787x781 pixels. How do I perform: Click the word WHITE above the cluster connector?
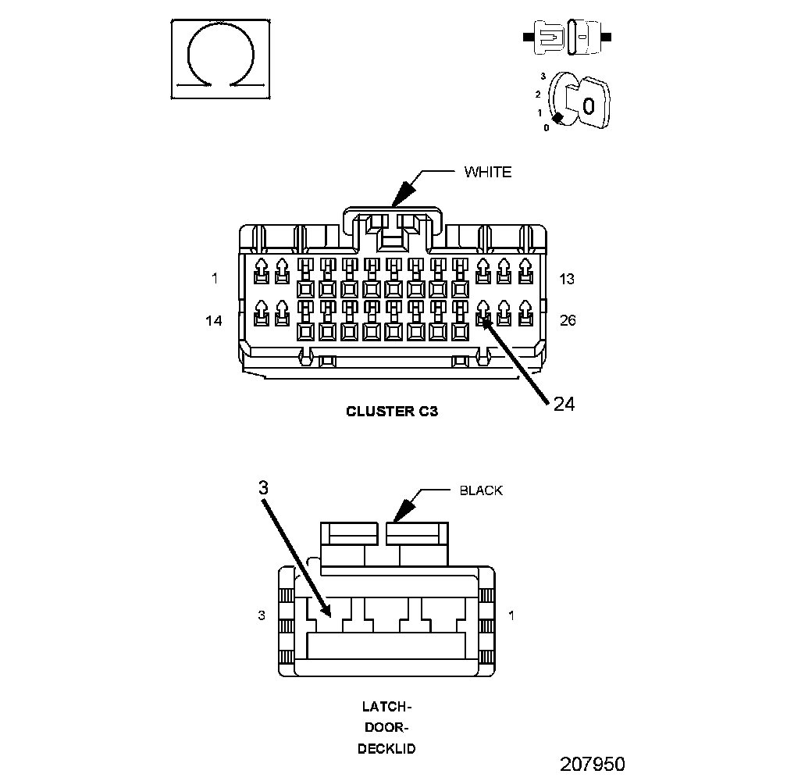(x=487, y=172)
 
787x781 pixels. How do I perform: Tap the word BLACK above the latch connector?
(x=481, y=490)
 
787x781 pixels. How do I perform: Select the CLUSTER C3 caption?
(x=392, y=412)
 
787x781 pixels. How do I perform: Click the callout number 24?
(x=564, y=403)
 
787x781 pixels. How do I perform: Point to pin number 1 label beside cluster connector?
(x=214, y=278)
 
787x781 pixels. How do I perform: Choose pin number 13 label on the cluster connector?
(x=567, y=279)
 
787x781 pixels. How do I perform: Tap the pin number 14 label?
(x=213, y=320)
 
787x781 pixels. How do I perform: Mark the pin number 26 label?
(x=568, y=320)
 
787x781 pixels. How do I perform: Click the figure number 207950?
(x=592, y=763)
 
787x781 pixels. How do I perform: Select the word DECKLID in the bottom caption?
(x=386, y=748)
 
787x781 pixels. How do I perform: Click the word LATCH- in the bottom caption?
(x=386, y=707)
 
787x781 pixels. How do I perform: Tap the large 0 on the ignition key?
(x=589, y=105)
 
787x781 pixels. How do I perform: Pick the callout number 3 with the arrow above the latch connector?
(x=263, y=487)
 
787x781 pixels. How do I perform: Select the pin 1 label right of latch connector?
(x=511, y=615)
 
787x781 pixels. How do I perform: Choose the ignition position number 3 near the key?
(x=543, y=76)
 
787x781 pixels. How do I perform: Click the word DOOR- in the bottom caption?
(x=386, y=728)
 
